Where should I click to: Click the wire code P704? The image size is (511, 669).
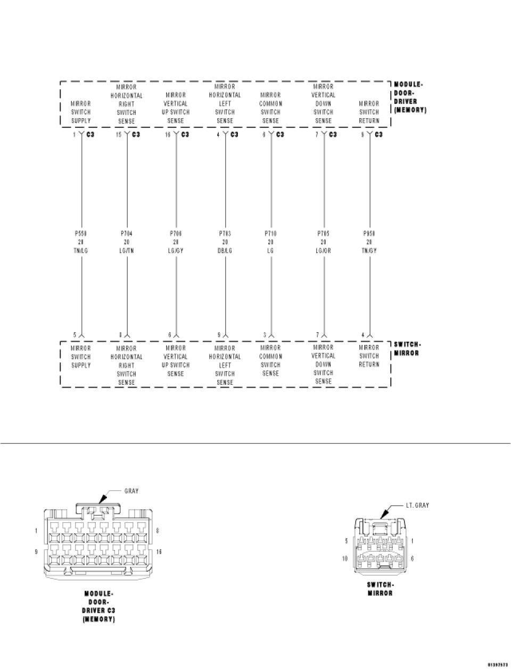point(127,233)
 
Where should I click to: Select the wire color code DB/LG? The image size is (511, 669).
point(225,251)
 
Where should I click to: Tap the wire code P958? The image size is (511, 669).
point(369,233)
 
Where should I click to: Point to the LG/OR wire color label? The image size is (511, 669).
point(324,251)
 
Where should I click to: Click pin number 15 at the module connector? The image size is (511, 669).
point(119,135)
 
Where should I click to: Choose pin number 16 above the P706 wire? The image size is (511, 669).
point(168,135)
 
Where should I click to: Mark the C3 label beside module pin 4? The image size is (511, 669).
point(235,135)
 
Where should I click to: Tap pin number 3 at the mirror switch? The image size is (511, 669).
point(264,335)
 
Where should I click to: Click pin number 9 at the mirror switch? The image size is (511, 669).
point(219,335)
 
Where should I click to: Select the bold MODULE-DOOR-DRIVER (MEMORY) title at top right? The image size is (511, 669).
point(410,97)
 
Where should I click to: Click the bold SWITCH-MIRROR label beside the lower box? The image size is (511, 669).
point(408,349)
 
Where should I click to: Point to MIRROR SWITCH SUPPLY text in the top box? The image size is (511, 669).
point(81,112)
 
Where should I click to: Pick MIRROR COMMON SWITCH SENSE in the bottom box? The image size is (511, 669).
point(270,361)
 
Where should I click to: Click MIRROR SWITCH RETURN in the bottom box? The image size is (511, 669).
point(369,356)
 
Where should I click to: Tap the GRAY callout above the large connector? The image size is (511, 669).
point(131,491)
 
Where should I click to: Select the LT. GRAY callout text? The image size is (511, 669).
point(417,505)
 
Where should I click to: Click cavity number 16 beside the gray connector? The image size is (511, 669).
point(159,552)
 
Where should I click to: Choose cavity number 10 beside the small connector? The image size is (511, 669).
point(345,559)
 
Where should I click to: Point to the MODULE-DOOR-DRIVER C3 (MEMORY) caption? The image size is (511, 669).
point(99,606)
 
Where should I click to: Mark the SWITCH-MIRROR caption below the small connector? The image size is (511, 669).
point(380,589)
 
